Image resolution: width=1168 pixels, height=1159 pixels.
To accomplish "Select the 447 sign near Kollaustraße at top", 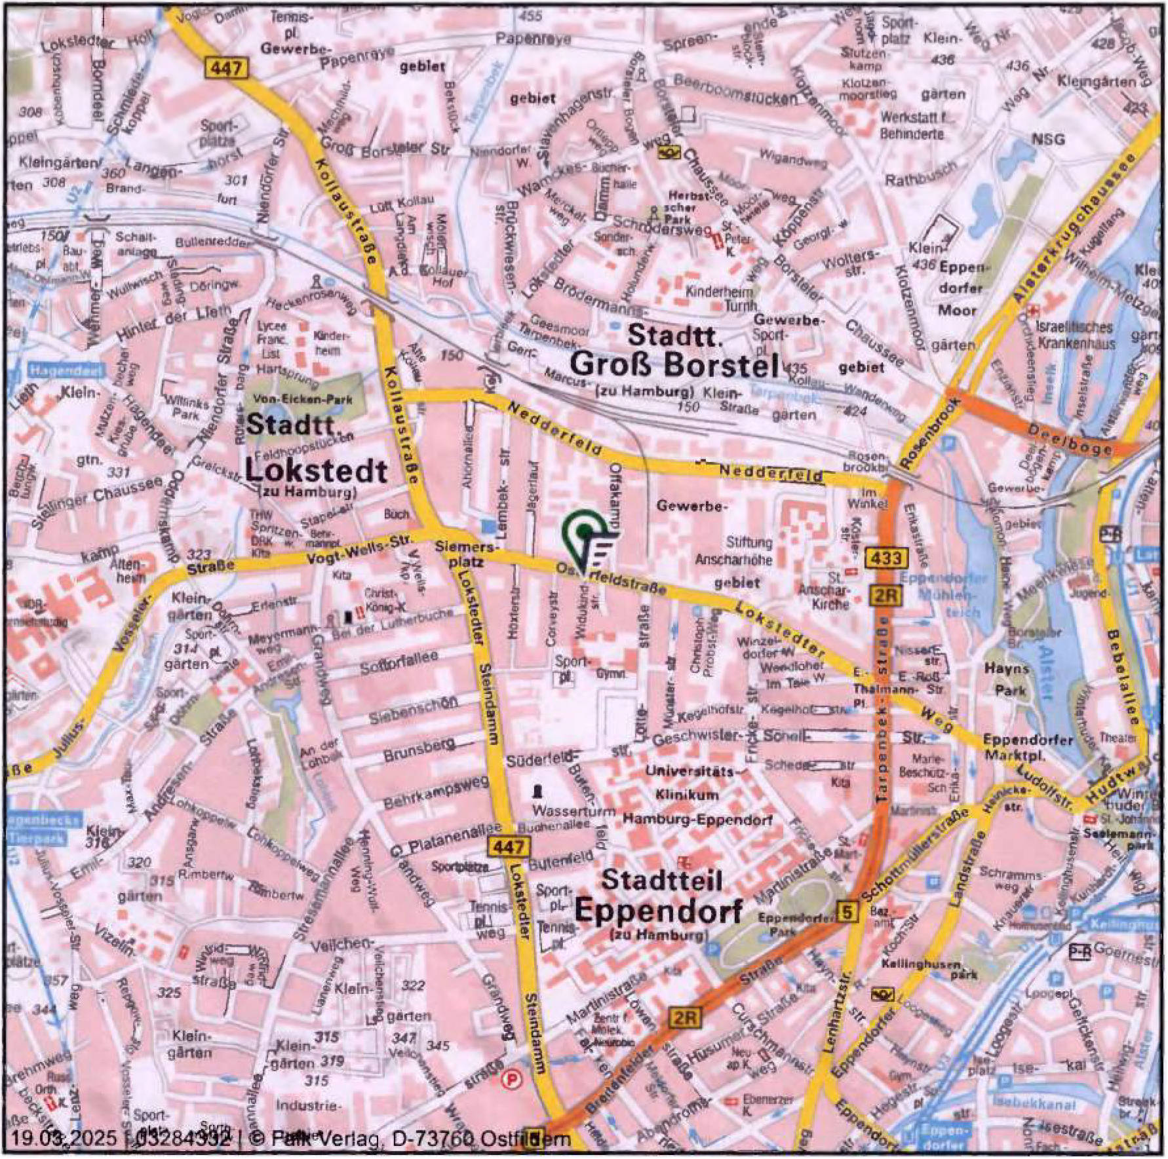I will click(x=227, y=67).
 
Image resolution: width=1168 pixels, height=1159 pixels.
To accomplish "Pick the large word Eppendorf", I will click(x=658, y=910).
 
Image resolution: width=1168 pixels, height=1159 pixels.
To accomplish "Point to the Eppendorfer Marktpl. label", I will click(x=1027, y=747).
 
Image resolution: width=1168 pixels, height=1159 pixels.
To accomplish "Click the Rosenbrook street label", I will click(x=930, y=433).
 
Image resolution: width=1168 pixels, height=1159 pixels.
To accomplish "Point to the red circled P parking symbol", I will click(x=508, y=1079).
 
